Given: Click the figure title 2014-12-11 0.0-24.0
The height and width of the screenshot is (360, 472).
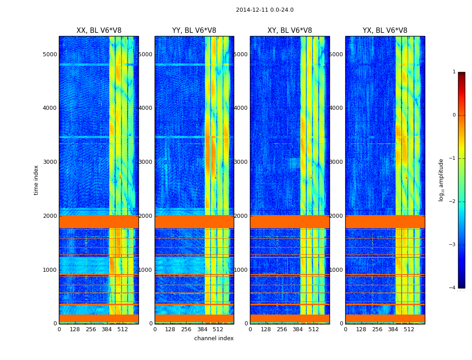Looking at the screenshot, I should [264, 10].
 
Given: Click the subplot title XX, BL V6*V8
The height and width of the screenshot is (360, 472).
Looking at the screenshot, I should [99, 31].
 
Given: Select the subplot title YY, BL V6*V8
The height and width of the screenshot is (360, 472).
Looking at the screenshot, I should [194, 31].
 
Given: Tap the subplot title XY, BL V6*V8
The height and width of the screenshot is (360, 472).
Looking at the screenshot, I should [289, 31].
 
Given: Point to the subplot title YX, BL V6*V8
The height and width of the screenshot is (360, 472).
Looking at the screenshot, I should [385, 31].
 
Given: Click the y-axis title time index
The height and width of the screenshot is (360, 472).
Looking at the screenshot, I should [36, 180].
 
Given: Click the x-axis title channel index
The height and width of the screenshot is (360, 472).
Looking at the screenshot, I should [214, 338].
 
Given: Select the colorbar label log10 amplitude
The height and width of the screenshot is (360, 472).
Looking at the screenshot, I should [441, 180].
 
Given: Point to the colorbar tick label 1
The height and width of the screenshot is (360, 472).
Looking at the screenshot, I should [454, 72].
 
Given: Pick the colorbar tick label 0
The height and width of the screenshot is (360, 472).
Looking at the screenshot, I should [454, 115].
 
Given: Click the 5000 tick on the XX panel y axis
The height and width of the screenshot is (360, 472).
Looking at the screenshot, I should [50, 54].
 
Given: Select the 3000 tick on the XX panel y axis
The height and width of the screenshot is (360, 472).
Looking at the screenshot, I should [50, 162].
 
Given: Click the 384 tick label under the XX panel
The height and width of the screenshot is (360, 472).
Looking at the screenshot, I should [107, 329].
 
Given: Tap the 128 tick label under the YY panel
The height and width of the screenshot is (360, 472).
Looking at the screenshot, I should [170, 329].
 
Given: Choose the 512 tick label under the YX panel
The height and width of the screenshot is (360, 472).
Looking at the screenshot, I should [409, 329].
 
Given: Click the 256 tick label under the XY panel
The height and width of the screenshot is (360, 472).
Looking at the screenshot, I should [282, 329].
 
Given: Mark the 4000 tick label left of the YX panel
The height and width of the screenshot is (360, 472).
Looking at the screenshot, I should [337, 108].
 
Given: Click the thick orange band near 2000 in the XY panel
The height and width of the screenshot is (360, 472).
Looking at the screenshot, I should [289, 221].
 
